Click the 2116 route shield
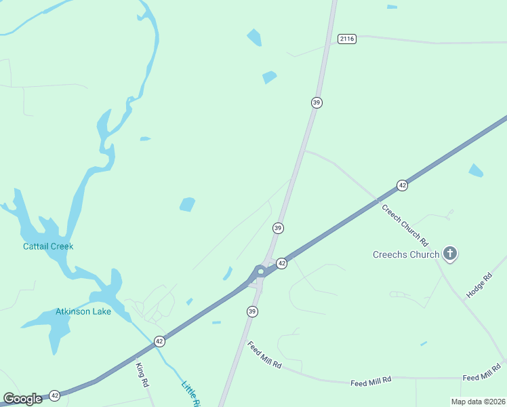(x=346, y=39)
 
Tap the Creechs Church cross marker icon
(x=449, y=254)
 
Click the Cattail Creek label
(x=48, y=246)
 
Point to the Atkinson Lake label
(x=83, y=312)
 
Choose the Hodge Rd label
(x=479, y=286)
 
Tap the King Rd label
(x=142, y=374)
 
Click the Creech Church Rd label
(x=405, y=225)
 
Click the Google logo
(x=22, y=399)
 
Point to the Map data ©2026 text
(x=477, y=402)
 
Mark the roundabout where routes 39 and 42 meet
(x=260, y=272)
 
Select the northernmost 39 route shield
(x=317, y=102)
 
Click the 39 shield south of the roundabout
(x=252, y=311)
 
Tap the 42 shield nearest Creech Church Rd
(x=402, y=185)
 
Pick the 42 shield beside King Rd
(x=159, y=341)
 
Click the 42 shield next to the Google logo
(x=55, y=395)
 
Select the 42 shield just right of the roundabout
(x=281, y=263)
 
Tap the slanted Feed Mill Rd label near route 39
(x=264, y=355)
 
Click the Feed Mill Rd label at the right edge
(x=481, y=377)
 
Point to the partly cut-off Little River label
(x=191, y=395)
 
